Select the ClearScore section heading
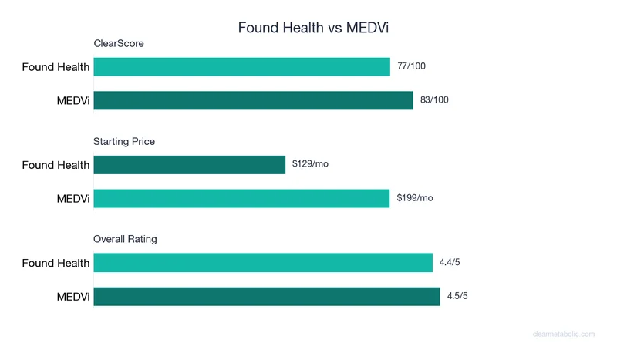coord(119,43)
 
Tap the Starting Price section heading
coord(124,141)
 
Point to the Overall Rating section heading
coord(125,239)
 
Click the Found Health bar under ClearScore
coord(241,67)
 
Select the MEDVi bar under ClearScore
coord(253,100)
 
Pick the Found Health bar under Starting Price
coord(189,165)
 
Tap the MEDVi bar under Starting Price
coord(241,198)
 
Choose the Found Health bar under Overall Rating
coord(263,263)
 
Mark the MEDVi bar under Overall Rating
coord(266,297)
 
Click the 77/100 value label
coord(411,66)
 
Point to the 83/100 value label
coord(434,99)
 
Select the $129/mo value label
coord(310,164)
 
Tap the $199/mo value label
coord(415,197)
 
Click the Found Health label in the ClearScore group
coord(56,67)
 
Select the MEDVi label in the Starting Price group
coord(73,199)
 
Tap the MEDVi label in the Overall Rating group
coord(73,297)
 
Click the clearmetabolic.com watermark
coord(564,334)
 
